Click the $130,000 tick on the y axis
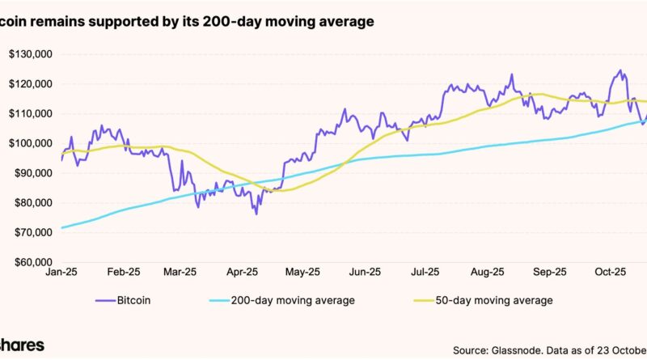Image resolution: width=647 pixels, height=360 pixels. [29, 54]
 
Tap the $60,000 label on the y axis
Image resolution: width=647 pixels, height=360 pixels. [31, 262]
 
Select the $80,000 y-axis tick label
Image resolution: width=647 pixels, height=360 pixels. [31, 203]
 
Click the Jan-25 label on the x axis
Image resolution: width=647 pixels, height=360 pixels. [61, 273]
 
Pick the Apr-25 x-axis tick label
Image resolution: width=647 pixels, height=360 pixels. [241, 273]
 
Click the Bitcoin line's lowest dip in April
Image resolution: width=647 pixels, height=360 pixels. [256, 214]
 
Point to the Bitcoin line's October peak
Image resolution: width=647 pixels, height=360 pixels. [620, 70]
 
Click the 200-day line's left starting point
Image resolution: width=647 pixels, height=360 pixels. [61, 227]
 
